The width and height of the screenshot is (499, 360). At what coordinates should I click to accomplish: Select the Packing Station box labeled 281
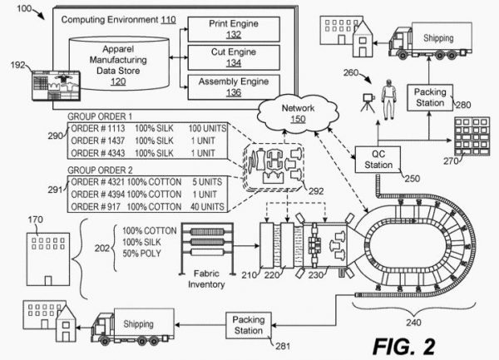click(x=248, y=324)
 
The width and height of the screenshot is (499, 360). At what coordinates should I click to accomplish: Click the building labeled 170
click(x=40, y=253)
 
